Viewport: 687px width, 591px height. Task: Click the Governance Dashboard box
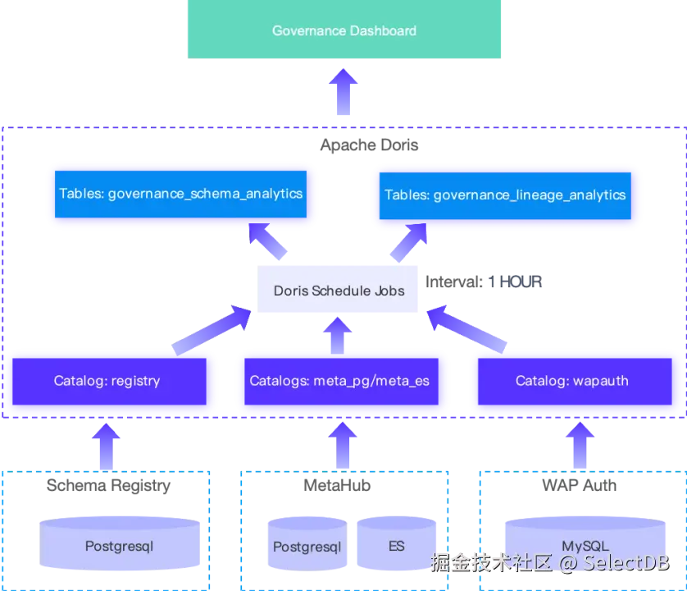[343, 30]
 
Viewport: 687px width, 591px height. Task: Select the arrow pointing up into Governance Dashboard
[343, 93]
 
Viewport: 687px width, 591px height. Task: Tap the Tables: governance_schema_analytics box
[181, 195]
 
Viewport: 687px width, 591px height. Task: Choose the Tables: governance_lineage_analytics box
[505, 195]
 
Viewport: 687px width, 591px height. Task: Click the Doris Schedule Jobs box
[338, 291]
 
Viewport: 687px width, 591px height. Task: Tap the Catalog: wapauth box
[575, 381]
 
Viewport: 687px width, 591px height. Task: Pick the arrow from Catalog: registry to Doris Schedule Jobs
[212, 329]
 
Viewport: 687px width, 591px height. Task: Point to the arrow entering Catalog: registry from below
[107, 444]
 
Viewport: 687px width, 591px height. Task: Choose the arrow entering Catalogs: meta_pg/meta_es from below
[343, 444]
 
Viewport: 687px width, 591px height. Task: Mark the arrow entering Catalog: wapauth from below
[579, 444]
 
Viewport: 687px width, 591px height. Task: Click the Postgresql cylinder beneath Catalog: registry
[120, 546]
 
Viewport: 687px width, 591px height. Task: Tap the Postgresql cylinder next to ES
[307, 547]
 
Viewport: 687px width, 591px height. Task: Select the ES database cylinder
[397, 547]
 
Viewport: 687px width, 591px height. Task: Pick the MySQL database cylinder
[585, 547]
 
